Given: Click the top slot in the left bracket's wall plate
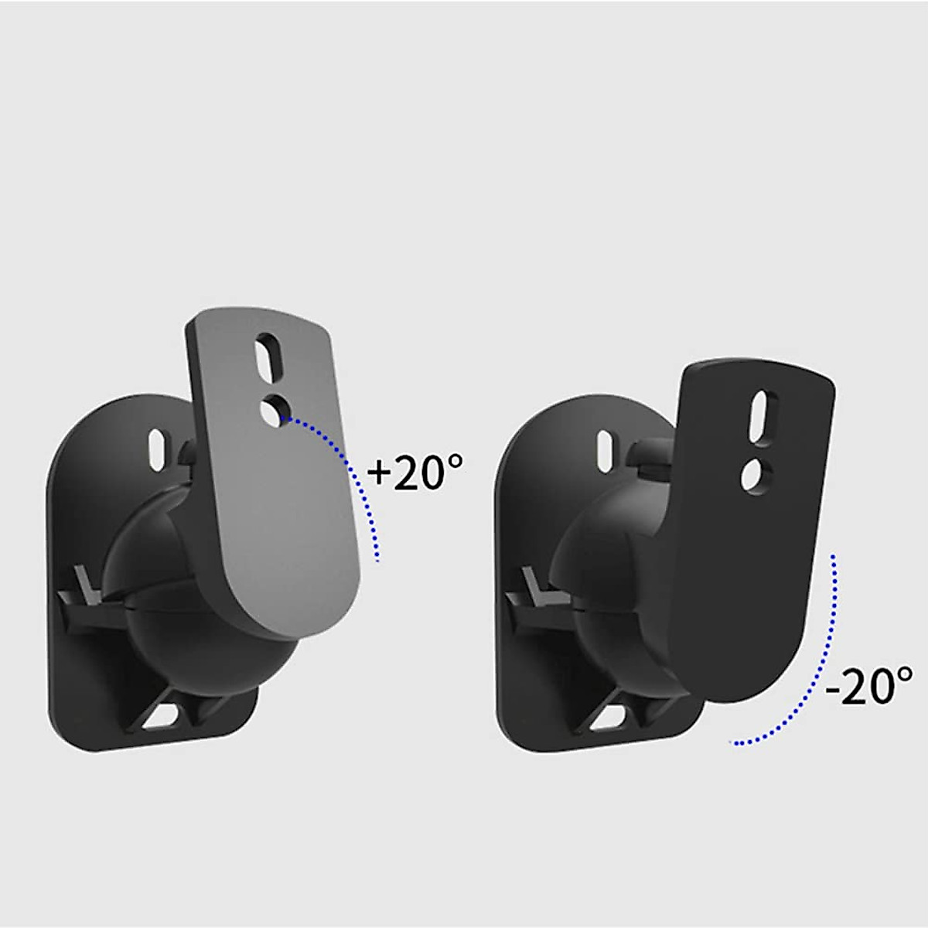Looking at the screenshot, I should tap(158, 446).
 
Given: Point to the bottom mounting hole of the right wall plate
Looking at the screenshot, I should tap(611, 715).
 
